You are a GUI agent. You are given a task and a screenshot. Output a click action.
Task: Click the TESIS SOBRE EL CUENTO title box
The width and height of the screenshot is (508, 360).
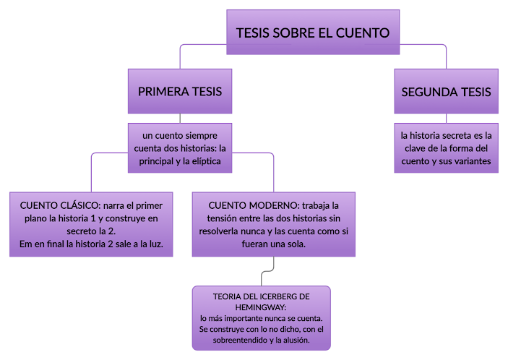312,33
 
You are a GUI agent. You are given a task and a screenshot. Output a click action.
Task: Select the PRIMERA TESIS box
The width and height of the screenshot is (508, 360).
179,92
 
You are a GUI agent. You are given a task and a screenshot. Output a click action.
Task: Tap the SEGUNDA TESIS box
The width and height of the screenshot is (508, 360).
446,92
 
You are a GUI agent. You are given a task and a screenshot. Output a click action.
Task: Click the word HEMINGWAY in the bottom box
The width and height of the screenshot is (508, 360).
261,307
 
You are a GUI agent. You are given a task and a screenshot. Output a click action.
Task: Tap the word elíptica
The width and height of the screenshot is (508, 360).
210,161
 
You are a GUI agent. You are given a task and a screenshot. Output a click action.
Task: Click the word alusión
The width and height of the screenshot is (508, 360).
294,340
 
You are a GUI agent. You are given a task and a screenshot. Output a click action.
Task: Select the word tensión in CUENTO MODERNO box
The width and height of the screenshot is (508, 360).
220,218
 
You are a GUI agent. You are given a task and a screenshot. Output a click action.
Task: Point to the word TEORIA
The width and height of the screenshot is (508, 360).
228,297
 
